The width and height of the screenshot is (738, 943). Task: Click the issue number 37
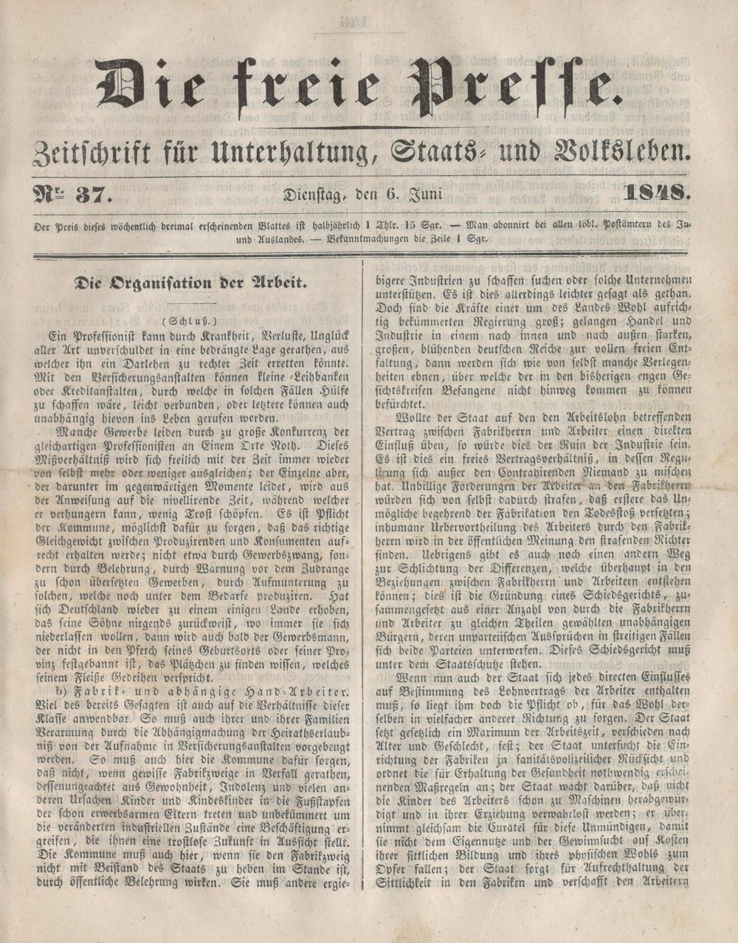click(95, 196)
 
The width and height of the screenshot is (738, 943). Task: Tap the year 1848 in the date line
click(655, 196)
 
